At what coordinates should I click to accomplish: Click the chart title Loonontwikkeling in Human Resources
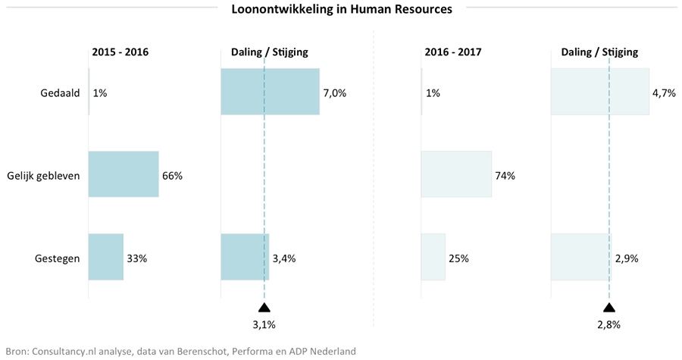(x=341, y=10)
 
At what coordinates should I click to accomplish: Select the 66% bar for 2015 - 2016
(x=124, y=174)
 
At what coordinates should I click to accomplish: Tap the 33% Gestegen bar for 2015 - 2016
(x=106, y=256)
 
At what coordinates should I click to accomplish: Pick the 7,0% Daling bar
(x=270, y=92)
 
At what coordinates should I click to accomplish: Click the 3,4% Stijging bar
(x=245, y=256)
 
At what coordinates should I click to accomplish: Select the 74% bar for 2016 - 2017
(x=456, y=174)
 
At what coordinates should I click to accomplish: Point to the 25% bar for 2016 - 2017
(x=433, y=256)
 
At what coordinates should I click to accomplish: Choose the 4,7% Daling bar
(x=599, y=92)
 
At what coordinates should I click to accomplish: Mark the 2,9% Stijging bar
(x=580, y=256)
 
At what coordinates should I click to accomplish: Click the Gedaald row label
(x=61, y=93)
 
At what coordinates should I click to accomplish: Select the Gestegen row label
(x=58, y=258)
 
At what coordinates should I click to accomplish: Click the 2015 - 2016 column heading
(x=120, y=52)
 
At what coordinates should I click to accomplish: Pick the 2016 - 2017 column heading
(x=453, y=52)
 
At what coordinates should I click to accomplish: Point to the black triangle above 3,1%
(x=264, y=308)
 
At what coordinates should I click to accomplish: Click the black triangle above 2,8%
(x=608, y=308)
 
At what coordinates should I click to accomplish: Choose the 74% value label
(x=505, y=176)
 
